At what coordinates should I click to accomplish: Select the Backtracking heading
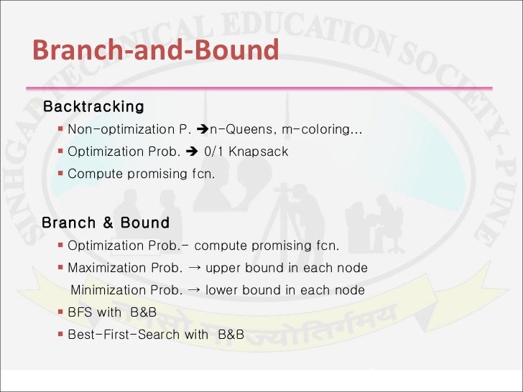tap(93, 107)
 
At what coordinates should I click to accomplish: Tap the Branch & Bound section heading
tap(106, 223)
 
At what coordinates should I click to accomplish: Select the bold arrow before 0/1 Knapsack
tap(191, 151)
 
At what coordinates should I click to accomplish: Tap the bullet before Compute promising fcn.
tap(61, 174)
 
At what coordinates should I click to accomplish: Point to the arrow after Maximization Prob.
tap(193, 268)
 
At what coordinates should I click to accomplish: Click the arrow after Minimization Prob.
tap(193, 291)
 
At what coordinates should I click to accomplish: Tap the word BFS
tap(80, 313)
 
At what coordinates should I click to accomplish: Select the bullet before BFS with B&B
tap(61, 313)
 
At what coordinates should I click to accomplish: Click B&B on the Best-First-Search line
tap(231, 335)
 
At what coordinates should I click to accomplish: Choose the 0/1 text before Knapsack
tap(214, 151)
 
